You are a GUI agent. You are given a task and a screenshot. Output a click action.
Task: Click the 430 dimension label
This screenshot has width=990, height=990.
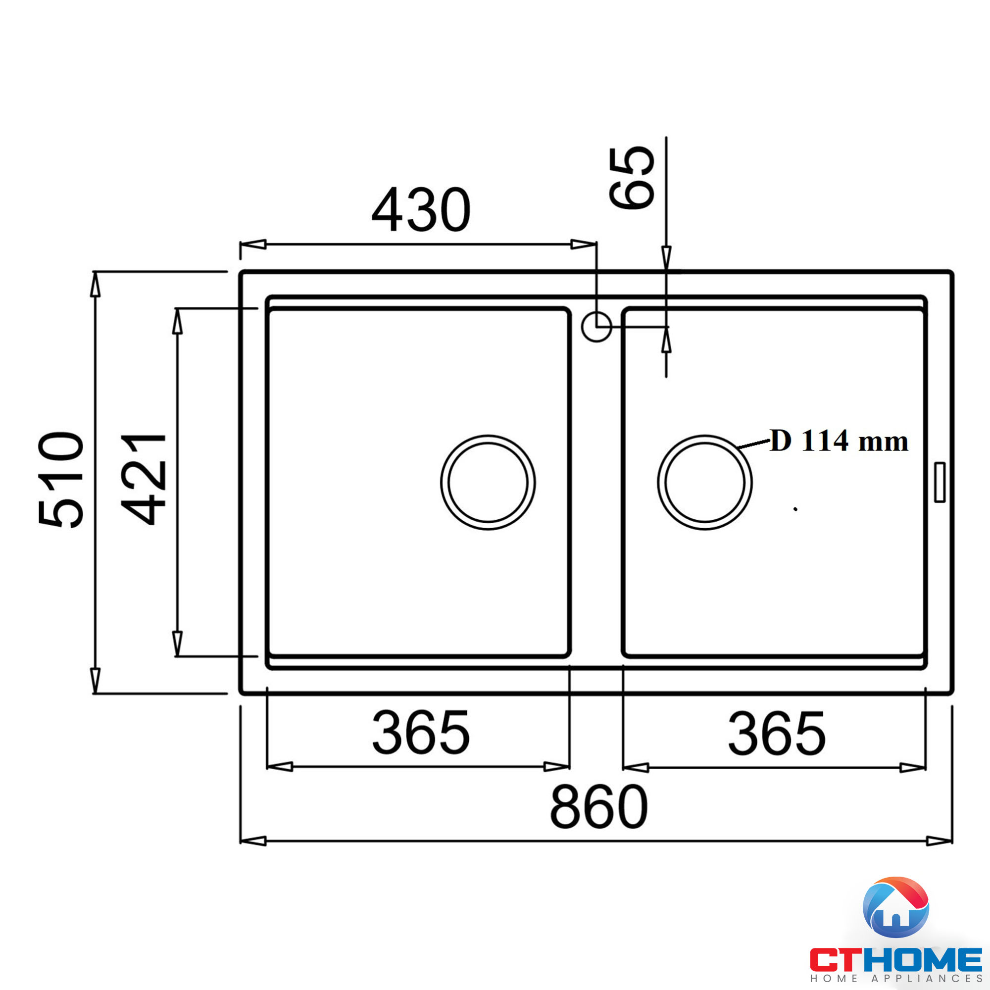tap(420, 209)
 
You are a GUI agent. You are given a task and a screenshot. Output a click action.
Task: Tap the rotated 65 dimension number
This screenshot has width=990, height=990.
tap(631, 178)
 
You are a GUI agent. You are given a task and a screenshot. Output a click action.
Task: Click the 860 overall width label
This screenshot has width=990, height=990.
tap(598, 807)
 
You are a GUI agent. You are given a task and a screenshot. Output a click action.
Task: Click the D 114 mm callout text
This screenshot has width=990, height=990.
tap(839, 441)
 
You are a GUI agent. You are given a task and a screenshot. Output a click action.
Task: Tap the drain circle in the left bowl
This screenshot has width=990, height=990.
tap(488, 482)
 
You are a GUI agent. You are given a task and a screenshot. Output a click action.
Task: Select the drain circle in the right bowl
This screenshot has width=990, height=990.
tap(704, 482)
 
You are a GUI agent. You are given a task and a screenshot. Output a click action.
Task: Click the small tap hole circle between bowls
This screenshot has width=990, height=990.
tap(596, 326)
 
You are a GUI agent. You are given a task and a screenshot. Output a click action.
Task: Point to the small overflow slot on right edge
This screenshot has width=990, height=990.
tap(940, 482)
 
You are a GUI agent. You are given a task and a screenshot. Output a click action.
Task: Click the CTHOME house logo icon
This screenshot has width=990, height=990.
tap(896, 907)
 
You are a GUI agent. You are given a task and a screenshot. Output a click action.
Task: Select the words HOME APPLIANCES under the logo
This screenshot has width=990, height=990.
tap(896, 979)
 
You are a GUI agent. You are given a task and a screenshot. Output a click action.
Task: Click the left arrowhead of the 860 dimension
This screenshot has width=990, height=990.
tap(253, 841)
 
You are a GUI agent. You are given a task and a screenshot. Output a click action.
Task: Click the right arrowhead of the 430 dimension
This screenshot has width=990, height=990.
tap(583, 244)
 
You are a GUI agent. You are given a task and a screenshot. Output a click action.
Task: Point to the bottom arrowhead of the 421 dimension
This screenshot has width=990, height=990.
tap(177, 643)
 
